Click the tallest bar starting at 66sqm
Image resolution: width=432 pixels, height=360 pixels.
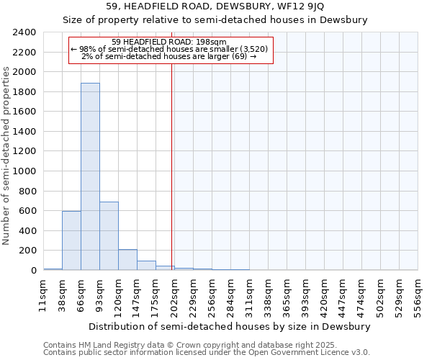[x=90, y=176]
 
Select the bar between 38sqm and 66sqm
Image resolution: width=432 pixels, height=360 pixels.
[x=71, y=240]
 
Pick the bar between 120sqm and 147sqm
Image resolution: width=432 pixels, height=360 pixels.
[x=127, y=260]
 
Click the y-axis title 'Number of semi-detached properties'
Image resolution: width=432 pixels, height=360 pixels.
[x=6, y=156]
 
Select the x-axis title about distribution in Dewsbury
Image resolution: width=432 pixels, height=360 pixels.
[x=230, y=326]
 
